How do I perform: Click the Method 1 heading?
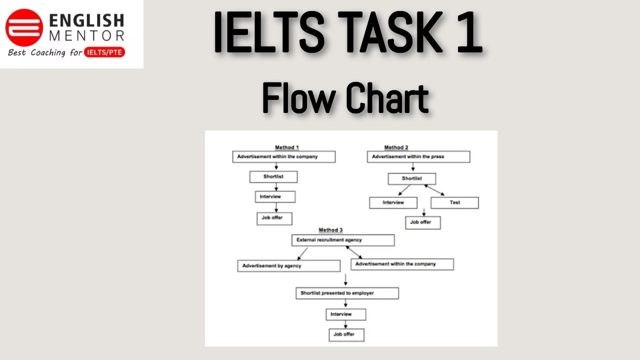[287, 147]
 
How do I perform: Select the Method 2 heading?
[396, 147]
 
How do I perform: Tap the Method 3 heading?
[330, 230]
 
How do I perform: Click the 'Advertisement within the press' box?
[418, 157]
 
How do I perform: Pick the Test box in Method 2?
[454, 202]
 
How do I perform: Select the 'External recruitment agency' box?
[342, 240]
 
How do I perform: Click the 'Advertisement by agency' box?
[288, 266]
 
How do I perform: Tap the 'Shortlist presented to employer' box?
[347, 293]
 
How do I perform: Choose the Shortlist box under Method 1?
[273, 176]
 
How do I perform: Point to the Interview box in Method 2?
[393, 202]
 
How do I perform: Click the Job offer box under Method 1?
[274, 218]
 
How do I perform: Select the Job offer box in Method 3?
[346, 334]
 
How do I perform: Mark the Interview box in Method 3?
[345, 314]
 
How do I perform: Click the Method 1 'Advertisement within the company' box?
[283, 156]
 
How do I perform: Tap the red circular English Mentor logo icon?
[24, 27]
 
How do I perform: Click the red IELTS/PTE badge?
[105, 52]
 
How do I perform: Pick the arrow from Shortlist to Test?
[434, 190]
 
